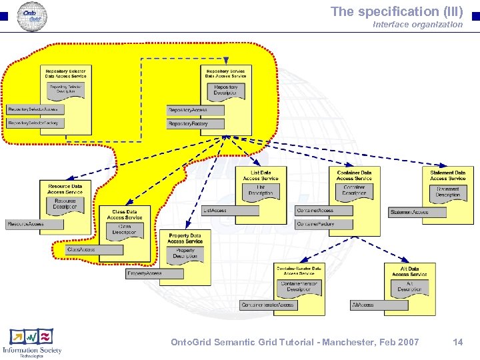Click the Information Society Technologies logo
coord(31,341)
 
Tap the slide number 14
coord(457,342)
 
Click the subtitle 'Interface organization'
coord(417,24)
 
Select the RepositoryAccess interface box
coord(195,110)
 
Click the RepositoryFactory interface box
coord(195,123)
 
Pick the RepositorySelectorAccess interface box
coord(35,109)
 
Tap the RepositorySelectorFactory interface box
coord(35,123)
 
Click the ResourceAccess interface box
coord(34,224)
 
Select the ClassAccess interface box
coord(94,249)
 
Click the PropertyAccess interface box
coord(154,273)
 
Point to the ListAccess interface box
coord(230,211)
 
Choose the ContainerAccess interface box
coord(323,211)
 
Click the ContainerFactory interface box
coord(323,225)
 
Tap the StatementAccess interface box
coord(417,213)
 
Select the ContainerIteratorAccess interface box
coord(268,305)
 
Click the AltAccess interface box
coord(378,305)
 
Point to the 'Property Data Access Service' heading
coord(185,238)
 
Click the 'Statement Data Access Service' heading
coord(447,175)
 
